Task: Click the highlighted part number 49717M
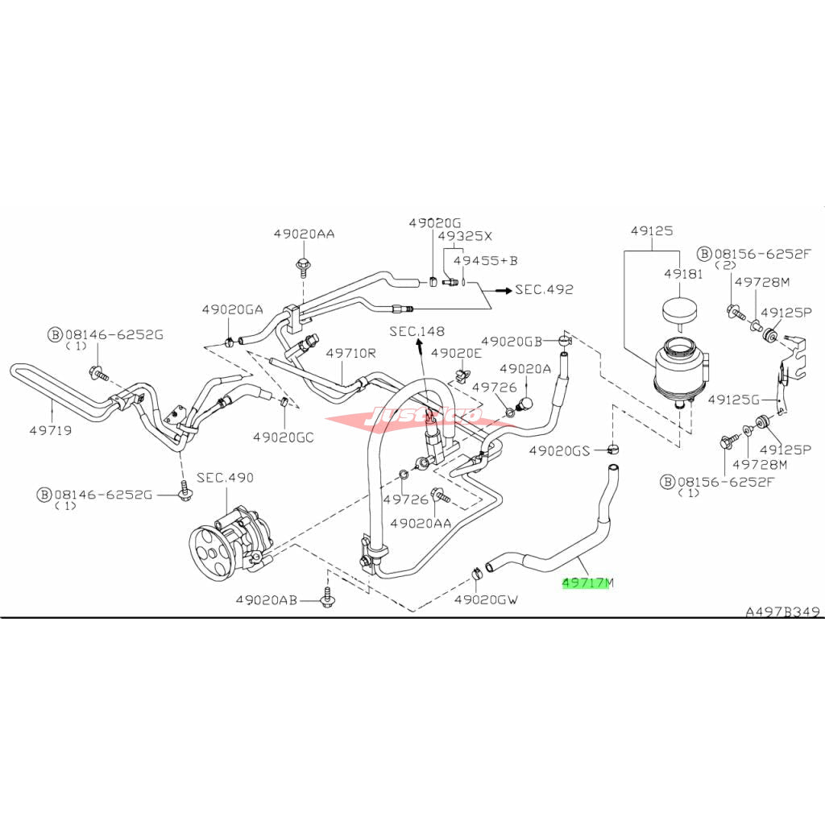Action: [587, 582]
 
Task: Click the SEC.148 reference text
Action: [417, 331]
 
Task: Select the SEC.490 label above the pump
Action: [226, 478]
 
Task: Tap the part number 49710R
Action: [351, 352]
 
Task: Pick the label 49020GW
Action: [486, 600]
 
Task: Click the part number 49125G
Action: [734, 399]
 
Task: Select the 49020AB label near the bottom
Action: [267, 600]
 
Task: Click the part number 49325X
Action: [464, 236]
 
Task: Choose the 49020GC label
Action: [282, 437]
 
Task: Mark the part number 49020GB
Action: [511, 341]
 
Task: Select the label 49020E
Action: [456, 352]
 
